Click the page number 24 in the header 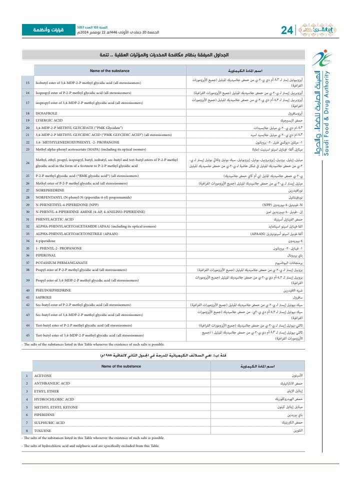pyautogui.click(x=286, y=30)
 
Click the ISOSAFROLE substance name pyautogui.click(x=46, y=113)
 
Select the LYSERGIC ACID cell pyautogui.click(x=48, y=120)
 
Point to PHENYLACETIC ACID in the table pyautogui.click(x=54, y=219)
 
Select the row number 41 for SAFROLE pyautogui.click(x=27, y=297)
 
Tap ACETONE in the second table pyautogui.click(x=42, y=388)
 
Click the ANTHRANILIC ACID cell pyautogui.click(x=52, y=397)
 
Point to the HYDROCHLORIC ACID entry pyautogui.click(x=53, y=413)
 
